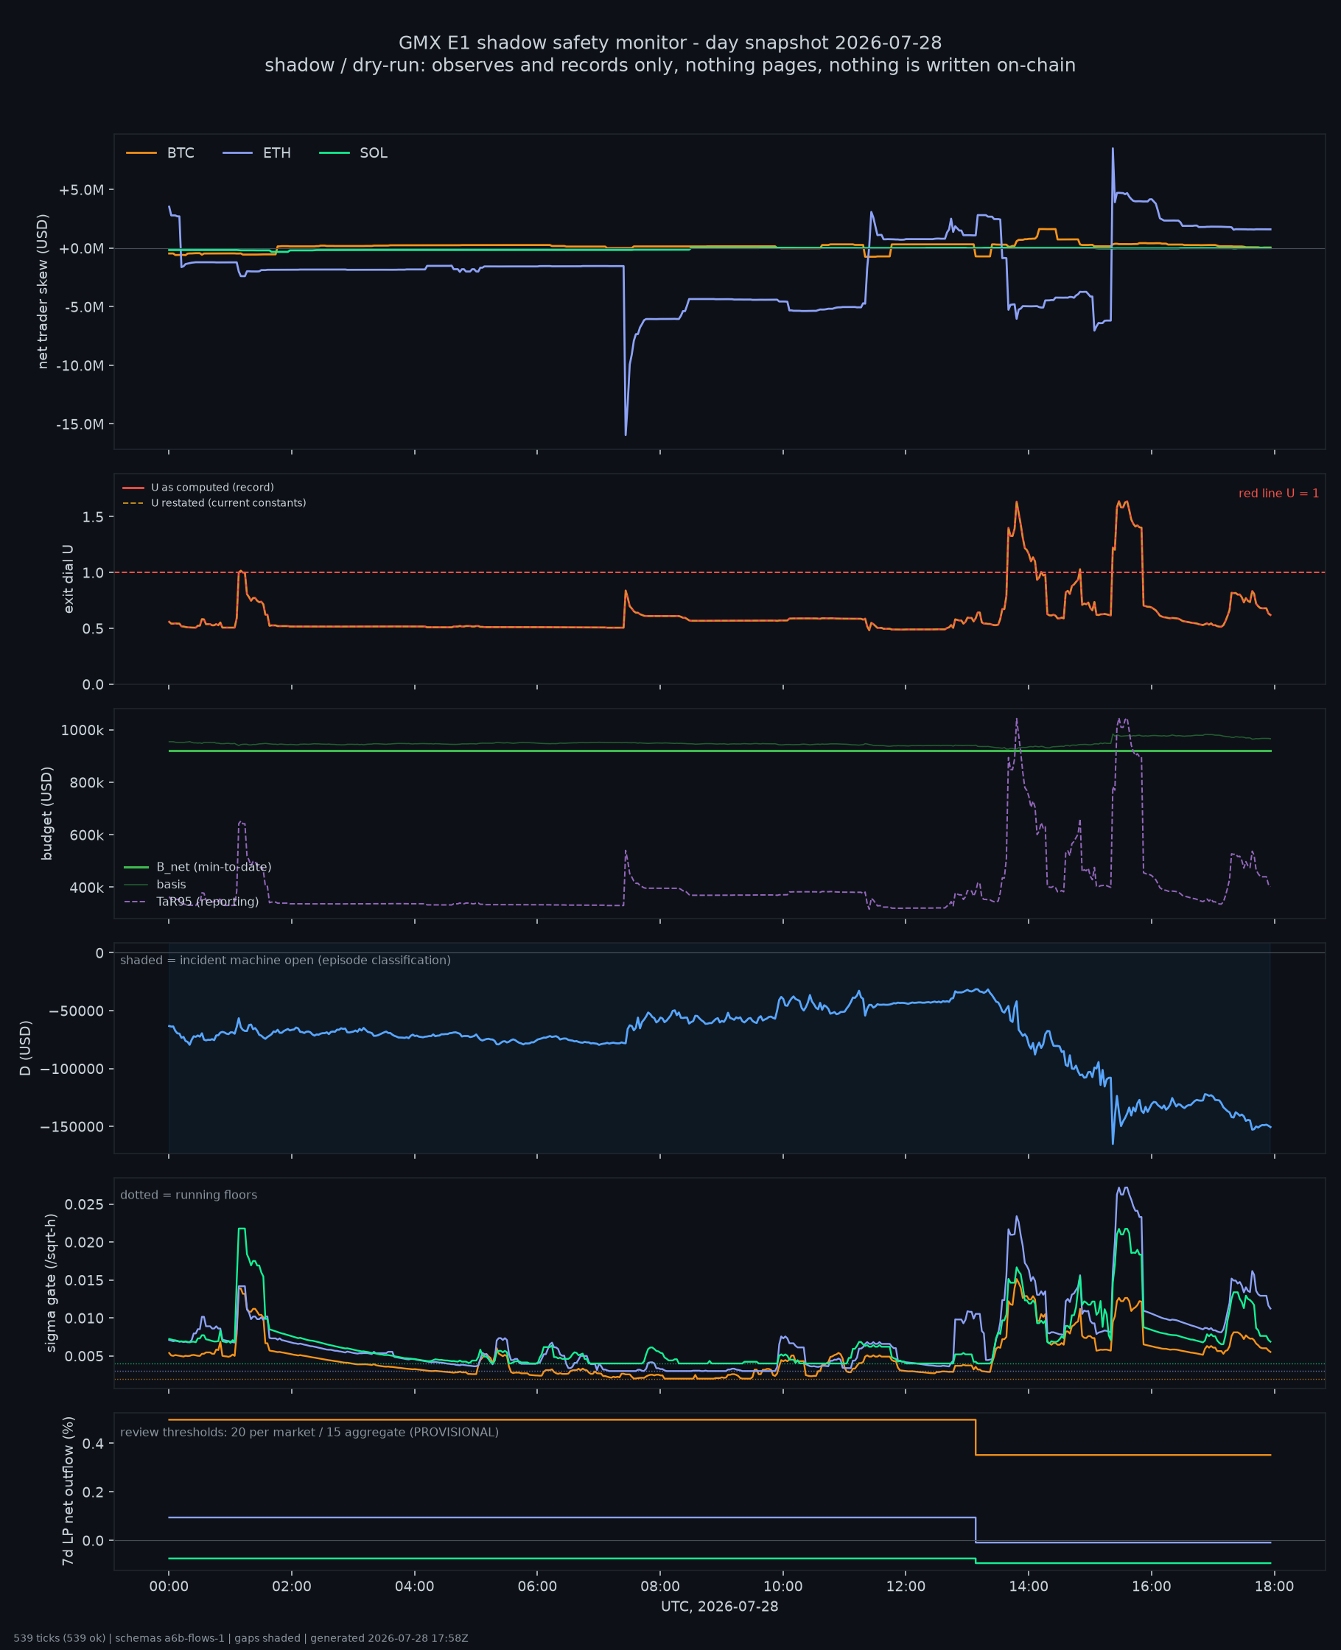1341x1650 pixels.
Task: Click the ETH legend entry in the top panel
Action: [x=256, y=153]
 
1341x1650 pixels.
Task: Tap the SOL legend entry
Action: [x=353, y=153]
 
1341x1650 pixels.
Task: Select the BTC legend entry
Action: [x=160, y=153]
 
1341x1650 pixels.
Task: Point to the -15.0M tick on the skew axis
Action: [x=80, y=425]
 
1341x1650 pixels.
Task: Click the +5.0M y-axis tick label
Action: [x=81, y=190]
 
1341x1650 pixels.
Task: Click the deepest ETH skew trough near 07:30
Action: [x=626, y=435]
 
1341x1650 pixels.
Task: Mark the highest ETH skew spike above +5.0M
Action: [x=1113, y=148]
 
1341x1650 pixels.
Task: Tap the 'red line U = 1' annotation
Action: [x=1278, y=494]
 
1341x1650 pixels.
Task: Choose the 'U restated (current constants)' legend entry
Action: [x=214, y=502]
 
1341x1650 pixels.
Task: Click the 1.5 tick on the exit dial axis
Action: [x=94, y=516]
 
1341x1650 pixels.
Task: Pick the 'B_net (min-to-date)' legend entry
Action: [x=197, y=867]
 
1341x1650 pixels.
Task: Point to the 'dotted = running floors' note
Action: [x=189, y=1196]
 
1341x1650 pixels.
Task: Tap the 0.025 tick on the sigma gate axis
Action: [x=84, y=1204]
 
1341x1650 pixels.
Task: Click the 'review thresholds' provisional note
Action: [x=309, y=1432]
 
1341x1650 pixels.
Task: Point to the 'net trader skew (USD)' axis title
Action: [x=43, y=292]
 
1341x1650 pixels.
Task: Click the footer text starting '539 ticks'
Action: [x=241, y=1638]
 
